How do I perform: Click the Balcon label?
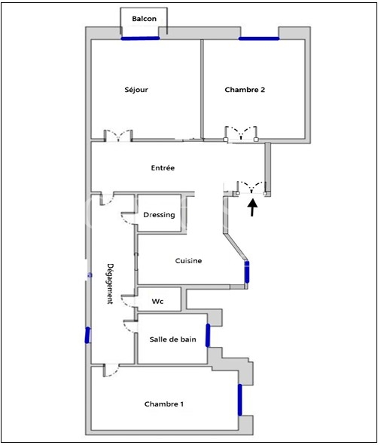pyautogui.click(x=144, y=19)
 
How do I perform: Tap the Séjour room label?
pyautogui.click(x=136, y=90)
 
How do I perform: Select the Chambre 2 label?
pyautogui.click(x=245, y=90)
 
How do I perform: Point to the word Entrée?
pyautogui.click(x=163, y=167)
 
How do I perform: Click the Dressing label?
pyautogui.click(x=159, y=215)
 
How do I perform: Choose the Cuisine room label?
pyautogui.click(x=188, y=260)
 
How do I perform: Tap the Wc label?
pyautogui.click(x=157, y=301)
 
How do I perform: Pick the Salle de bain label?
pyautogui.click(x=172, y=339)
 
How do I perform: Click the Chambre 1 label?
pyautogui.click(x=163, y=404)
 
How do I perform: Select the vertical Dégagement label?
pyautogui.click(x=110, y=284)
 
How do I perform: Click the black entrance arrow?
pyautogui.click(x=252, y=207)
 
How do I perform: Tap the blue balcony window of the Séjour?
pyautogui.click(x=141, y=38)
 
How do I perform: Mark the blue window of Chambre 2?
pyautogui.click(x=259, y=38)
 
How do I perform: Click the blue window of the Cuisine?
pyautogui.click(x=247, y=272)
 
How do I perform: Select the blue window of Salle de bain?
pyautogui.click(x=208, y=335)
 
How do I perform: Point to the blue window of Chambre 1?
pyautogui.click(x=240, y=400)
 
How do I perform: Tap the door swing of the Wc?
pyautogui.click(x=126, y=301)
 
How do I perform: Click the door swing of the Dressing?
pyautogui.click(x=126, y=218)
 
